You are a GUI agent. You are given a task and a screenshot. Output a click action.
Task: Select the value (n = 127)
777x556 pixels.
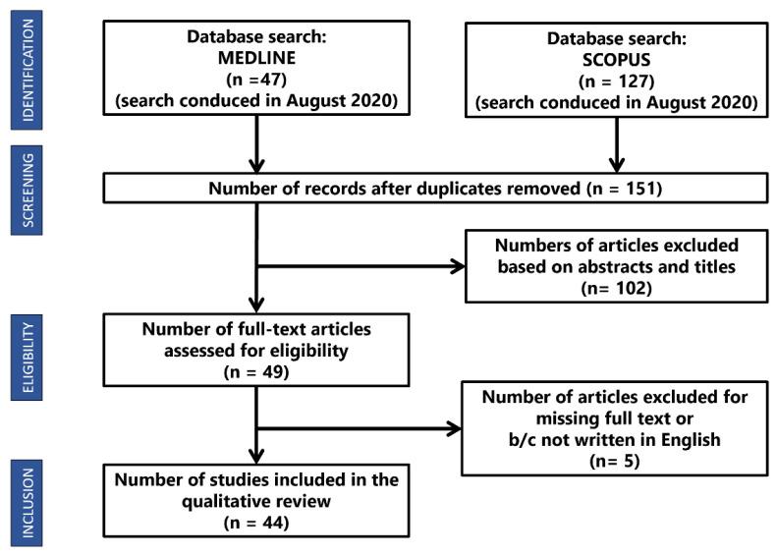point(617,83)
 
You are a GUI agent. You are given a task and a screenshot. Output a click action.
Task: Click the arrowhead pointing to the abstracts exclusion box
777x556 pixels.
point(460,265)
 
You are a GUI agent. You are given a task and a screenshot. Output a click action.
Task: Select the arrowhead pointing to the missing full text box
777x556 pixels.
point(454,427)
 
